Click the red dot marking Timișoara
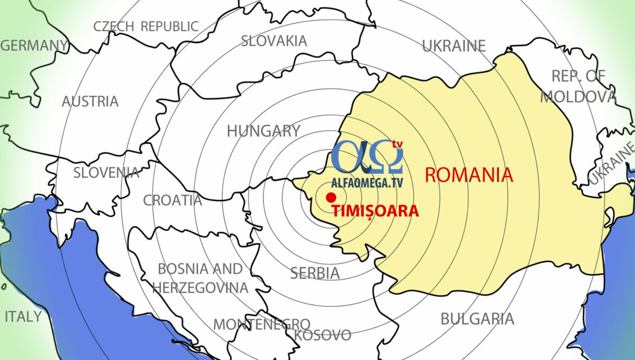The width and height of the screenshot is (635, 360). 331,198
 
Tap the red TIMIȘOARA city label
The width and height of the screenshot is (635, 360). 375,211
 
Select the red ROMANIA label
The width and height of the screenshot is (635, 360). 469,175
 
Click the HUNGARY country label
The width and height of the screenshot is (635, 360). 263,131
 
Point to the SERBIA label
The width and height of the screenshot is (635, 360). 315,273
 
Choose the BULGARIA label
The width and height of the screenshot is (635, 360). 477,319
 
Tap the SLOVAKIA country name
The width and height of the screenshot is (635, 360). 274,41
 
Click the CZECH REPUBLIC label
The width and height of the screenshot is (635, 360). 146,26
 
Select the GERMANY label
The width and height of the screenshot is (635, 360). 34,46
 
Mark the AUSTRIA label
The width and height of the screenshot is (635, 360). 90,102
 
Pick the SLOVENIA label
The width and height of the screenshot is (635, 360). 106,173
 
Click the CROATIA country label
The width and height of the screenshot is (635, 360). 173,200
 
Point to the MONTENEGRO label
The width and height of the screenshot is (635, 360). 262,324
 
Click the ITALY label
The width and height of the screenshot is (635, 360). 23,316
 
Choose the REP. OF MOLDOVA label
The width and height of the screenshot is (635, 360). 579,87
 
